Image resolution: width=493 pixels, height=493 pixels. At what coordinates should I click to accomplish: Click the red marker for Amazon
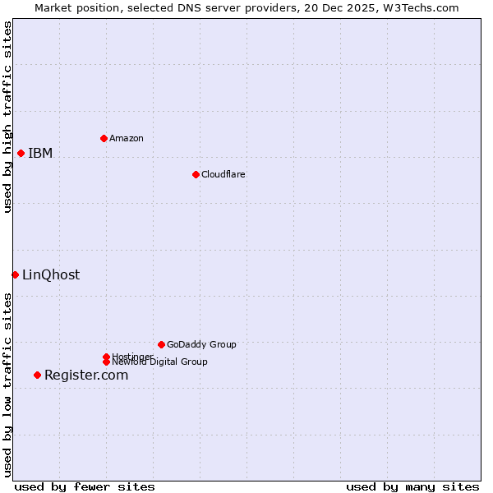click(104, 138)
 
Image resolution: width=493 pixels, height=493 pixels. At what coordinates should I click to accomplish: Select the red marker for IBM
click(21, 153)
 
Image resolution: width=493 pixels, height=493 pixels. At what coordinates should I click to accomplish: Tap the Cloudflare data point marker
click(196, 174)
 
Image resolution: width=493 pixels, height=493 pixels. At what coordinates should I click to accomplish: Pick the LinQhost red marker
click(15, 274)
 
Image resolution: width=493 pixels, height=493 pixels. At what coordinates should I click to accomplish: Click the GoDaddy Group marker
click(161, 344)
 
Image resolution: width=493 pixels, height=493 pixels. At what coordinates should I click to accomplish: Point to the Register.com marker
click(37, 375)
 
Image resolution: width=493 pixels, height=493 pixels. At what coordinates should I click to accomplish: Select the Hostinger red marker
click(106, 357)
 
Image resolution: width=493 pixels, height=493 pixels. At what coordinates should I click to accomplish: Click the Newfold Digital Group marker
click(106, 362)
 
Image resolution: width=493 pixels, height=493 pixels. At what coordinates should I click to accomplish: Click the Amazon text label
click(127, 138)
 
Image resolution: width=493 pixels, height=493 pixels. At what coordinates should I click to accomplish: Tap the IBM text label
click(40, 153)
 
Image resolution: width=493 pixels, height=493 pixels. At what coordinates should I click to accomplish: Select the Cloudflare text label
click(223, 174)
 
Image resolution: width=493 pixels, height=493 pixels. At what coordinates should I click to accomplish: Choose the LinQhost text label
click(51, 274)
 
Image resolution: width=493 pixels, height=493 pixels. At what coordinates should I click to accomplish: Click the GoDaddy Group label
click(201, 344)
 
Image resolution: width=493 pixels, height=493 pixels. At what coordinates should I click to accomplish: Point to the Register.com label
click(86, 375)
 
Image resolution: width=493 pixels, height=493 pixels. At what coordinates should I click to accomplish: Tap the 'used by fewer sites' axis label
click(85, 486)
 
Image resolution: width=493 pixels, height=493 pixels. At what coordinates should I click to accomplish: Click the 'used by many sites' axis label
click(412, 486)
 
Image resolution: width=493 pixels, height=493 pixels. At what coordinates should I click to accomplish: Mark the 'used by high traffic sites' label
click(7, 117)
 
